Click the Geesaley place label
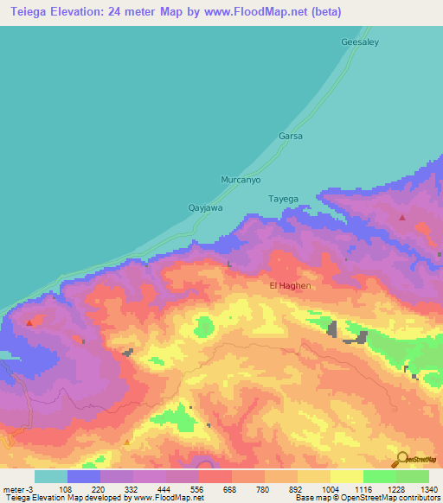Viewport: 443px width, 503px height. point(360,41)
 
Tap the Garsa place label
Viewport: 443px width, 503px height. point(290,137)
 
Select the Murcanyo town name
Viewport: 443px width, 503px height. point(241,180)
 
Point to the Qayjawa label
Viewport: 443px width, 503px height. point(206,207)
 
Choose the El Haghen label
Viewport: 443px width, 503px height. point(290,285)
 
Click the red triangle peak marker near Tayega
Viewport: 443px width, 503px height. point(402,218)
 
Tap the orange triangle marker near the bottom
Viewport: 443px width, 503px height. point(127,442)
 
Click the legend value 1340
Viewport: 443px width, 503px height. point(429,489)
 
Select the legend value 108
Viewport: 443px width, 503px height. point(65,489)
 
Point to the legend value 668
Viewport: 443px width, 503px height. point(230,489)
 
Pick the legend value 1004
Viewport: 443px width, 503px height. point(330,489)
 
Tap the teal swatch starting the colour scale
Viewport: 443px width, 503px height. point(51,476)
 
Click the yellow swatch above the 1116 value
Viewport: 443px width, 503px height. point(346,476)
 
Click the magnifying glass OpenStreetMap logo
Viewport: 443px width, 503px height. point(401,458)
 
